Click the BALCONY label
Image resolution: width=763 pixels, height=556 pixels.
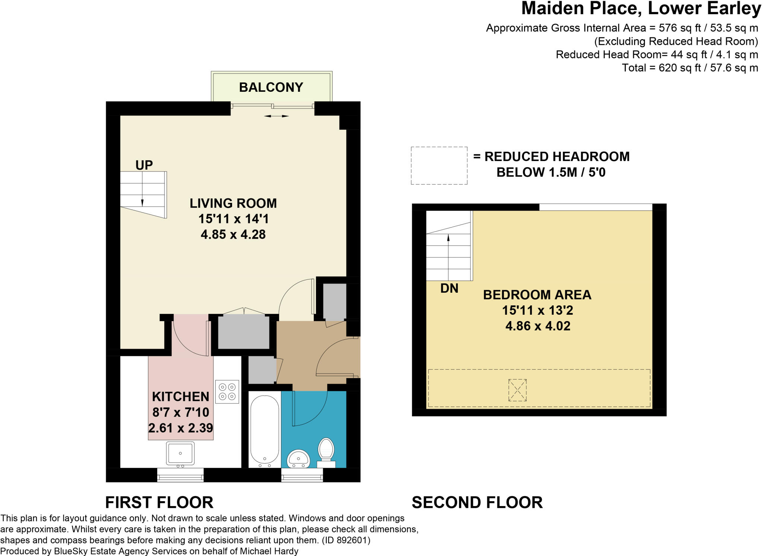[x=271, y=87]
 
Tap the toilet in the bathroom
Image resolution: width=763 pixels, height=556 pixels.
[x=326, y=453]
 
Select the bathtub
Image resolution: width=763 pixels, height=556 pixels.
[x=265, y=430]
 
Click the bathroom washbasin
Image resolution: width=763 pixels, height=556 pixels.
[x=298, y=459]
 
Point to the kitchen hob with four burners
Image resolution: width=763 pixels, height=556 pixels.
[x=227, y=392]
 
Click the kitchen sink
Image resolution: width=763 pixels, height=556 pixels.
[x=180, y=454]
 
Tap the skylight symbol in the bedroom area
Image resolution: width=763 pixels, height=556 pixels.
[x=517, y=390]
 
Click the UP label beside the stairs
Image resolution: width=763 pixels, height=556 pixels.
[x=144, y=165]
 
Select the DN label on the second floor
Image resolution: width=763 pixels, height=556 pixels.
[x=449, y=288]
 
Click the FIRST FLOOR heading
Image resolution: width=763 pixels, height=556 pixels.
[x=159, y=502]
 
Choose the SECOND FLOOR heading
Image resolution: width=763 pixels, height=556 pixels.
[x=477, y=502]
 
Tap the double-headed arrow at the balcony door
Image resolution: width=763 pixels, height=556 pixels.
[x=276, y=116]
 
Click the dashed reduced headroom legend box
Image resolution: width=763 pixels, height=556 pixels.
[x=439, y=166]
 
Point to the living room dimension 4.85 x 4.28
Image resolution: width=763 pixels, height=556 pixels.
[x=233, y=234]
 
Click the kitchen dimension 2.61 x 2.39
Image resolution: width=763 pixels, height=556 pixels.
[x=181, y=428]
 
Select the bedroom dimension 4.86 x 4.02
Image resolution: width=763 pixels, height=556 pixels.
[x=538, y=326]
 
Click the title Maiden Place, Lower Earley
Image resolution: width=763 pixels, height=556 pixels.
[x=641, y=8]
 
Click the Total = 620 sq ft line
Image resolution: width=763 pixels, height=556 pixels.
[x=690, y=68]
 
